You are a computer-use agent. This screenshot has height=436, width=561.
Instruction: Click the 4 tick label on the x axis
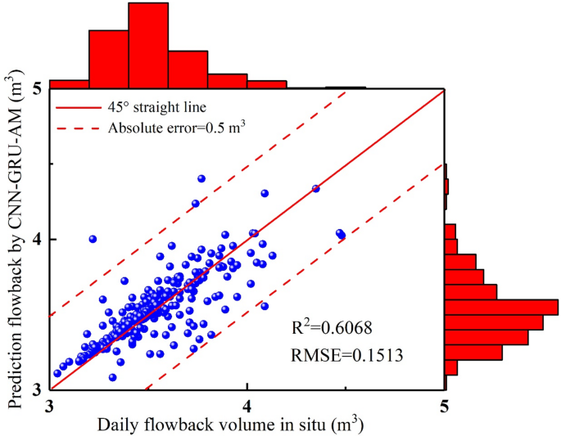pyautogui.click(x=247, y=406)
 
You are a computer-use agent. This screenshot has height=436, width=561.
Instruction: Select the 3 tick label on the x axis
pyautogui.click(x=51, y=406)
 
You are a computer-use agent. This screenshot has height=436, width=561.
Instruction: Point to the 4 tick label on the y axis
pyautogui.click(x=38, y=240)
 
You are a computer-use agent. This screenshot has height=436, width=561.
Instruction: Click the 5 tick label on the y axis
pyautogui.click(x=38, y=89)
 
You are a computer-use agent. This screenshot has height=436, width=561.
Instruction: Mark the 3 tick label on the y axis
pyautogui.click(x=38, y=389)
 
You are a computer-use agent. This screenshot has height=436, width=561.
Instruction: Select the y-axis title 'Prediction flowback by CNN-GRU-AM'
pyautogui.click(x=15, y=237)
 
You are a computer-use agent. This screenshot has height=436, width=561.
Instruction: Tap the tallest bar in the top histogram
pyautogui.click(x=148, y=45)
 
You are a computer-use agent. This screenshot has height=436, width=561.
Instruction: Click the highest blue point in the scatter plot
pyautogui.click(x=201, y=178)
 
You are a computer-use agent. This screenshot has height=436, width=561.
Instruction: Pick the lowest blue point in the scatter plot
pyautogui.click(x=112, y=377)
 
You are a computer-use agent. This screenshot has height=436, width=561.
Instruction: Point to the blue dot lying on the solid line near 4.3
pyautogui.click(x=316, y=189)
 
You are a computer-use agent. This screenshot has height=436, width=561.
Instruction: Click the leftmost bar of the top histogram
pyautogui.click(x=70, y=83)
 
